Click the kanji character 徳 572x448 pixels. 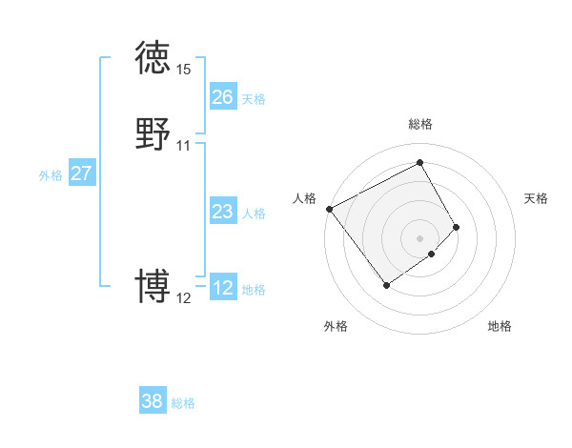click(x=153, y=59)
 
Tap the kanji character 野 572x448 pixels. click(x=153, y=133)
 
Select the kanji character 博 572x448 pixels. click(x=153, y=286)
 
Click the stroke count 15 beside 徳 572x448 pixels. click(x=183, y=70)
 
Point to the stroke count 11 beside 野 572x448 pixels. click(x=183, y=146)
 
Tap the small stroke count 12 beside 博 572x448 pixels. click(x=183, y=298)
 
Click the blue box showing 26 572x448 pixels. click(x=222, y=97)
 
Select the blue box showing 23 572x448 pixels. click(x=222, y=212)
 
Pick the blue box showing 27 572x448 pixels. click(x=81, y=173)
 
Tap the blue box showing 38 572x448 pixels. click(x=153, y=401)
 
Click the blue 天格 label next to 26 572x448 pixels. click(x=254, y=99)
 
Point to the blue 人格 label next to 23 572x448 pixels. click(x=254, y=214)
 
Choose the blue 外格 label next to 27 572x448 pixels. click(x=51, y=175)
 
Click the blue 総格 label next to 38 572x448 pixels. click(x=183, y=403)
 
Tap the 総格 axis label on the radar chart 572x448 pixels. click(x=420, y=124)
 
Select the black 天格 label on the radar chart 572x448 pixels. click(x=536, y=198)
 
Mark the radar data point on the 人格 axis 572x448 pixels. click(x=329, y=209)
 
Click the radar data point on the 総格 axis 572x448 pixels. click(x=420, y=162)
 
